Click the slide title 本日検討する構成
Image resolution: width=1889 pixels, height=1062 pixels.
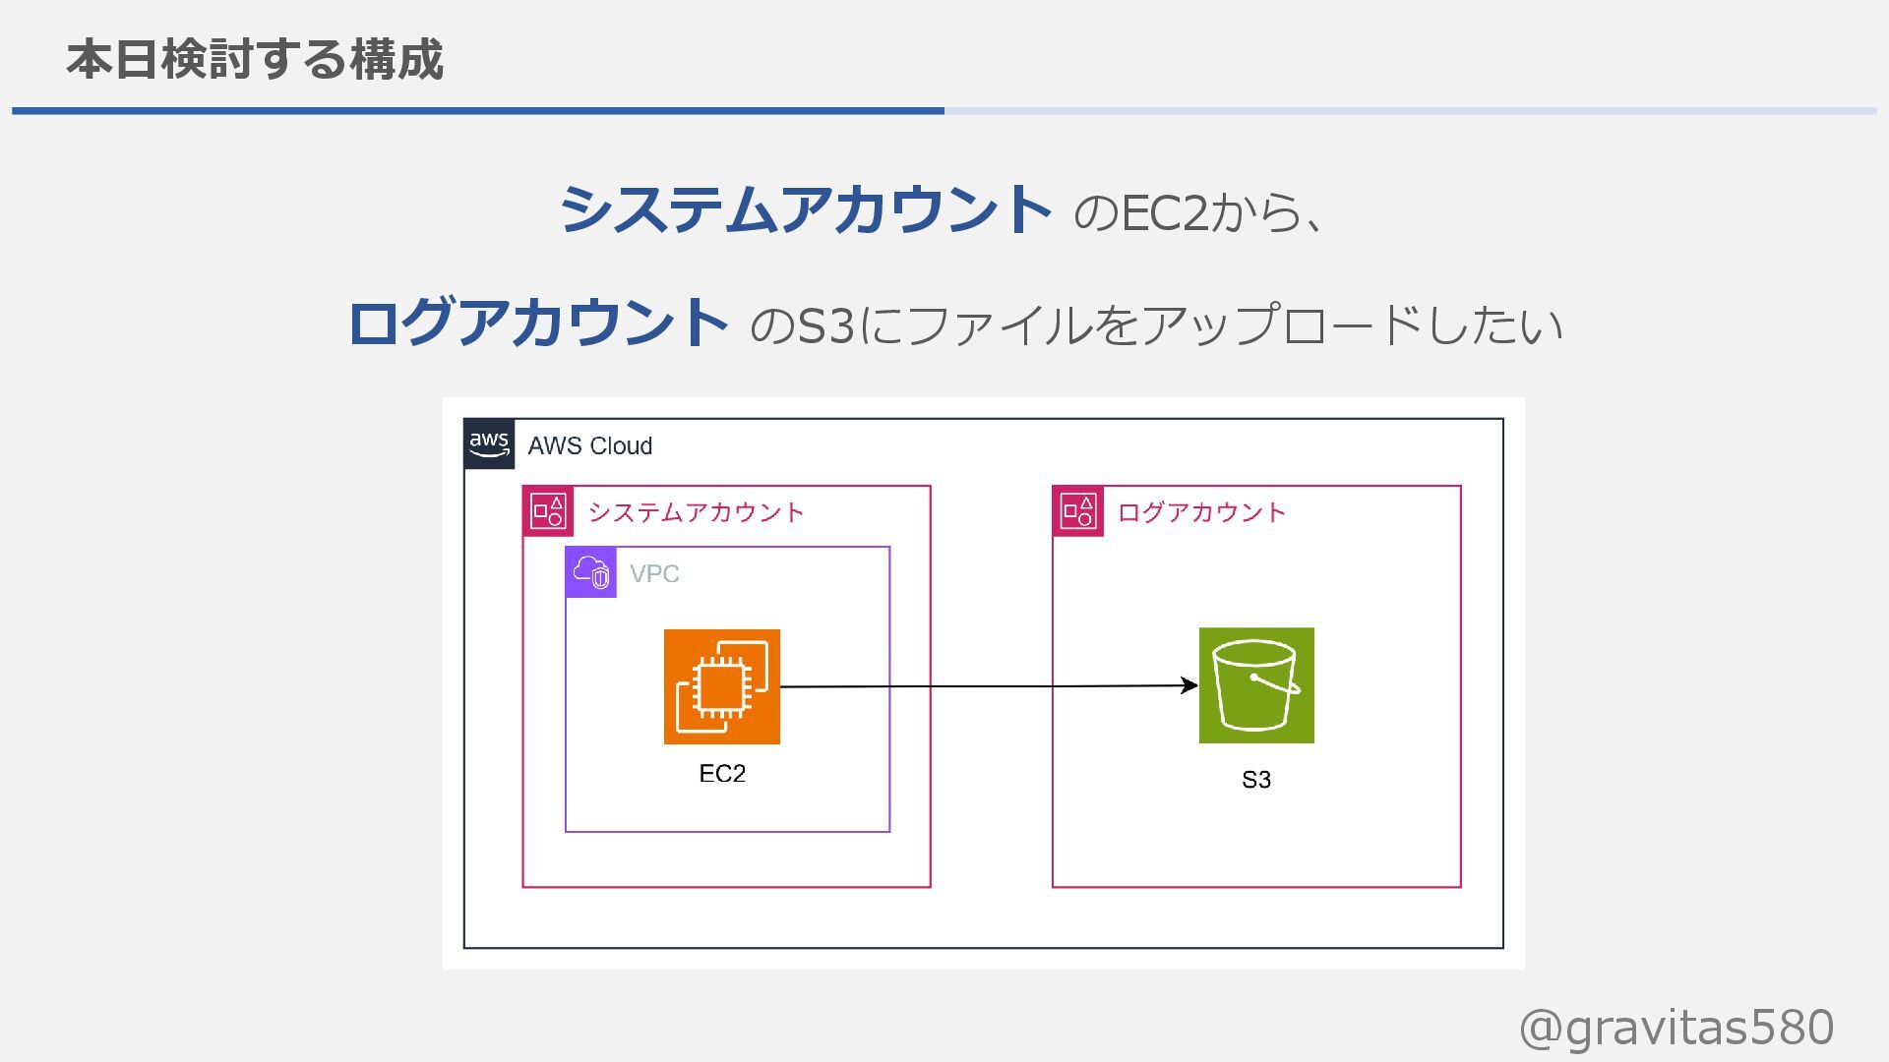255,59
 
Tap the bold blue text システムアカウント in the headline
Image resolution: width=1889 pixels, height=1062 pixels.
805,210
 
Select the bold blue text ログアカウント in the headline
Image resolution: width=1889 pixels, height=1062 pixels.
537,324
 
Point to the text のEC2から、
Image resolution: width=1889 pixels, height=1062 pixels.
1199,212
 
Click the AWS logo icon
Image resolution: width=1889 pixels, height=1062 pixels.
489,443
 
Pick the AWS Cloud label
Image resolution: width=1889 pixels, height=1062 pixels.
589,445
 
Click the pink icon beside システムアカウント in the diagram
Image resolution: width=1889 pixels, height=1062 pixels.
547,511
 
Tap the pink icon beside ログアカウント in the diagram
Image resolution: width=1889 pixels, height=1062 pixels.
1077,511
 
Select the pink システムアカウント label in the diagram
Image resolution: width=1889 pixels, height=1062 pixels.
696,512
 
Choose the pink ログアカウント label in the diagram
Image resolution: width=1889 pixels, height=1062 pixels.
1201,512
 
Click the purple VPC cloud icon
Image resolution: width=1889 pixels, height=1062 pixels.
591,572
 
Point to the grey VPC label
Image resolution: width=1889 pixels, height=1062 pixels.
654,573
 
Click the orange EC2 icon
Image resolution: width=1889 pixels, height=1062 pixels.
721,686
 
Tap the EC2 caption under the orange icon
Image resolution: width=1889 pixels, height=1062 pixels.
722,774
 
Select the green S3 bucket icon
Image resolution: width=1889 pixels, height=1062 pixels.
1256,685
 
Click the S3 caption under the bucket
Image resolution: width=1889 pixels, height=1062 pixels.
1256,780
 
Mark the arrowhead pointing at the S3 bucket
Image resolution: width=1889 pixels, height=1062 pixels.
1189,685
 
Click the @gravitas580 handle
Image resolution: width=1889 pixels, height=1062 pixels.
1676,1028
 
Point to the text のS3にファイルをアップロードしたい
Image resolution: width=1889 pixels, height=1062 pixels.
1155,325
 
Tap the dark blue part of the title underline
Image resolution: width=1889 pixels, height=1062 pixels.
478,111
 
